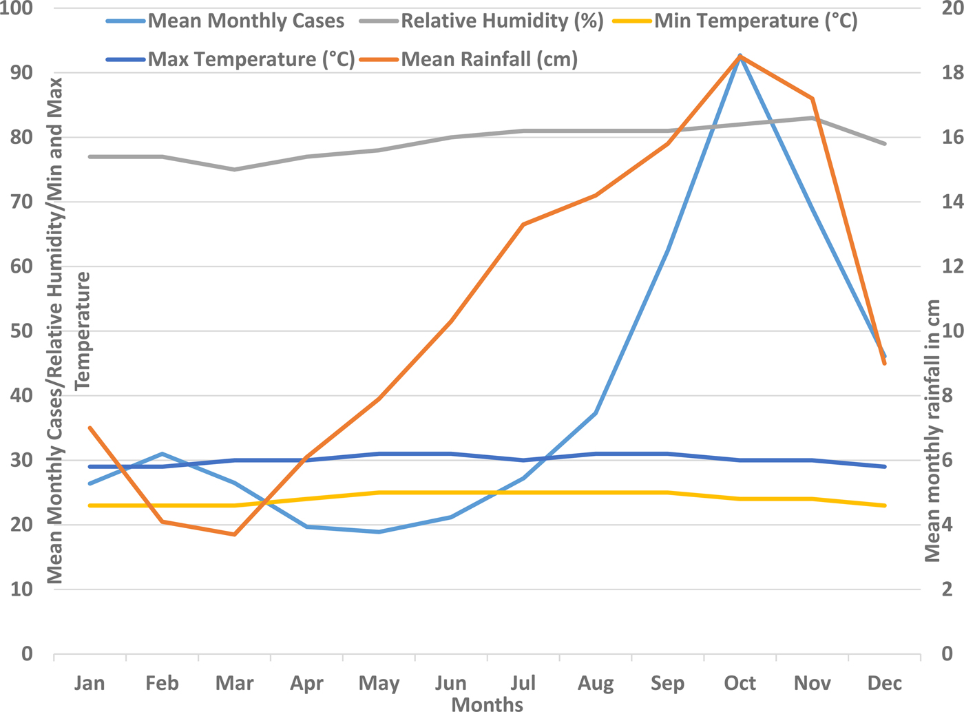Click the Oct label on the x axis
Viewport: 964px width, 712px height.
coord(740,683)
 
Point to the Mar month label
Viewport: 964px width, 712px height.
coord(234,683)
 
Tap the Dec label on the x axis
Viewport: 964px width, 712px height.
coord(885,683)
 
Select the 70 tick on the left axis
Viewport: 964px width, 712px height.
coord(22,202)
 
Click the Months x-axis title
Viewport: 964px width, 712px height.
coord(488,704)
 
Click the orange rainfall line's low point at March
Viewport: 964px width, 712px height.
coord(234,534)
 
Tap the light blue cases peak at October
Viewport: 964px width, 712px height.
coord(740,56)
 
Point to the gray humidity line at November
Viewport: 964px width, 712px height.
coord(813,118)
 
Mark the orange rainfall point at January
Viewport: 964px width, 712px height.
coord(90,428)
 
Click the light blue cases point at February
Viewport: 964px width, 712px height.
coord(162,454)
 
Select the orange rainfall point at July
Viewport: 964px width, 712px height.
coord(523,224)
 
